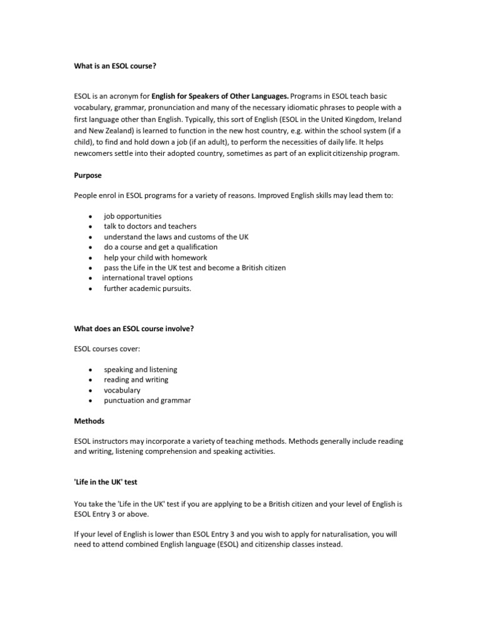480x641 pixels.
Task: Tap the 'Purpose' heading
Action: [x=88, y=176]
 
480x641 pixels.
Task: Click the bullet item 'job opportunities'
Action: [x=132, y=216]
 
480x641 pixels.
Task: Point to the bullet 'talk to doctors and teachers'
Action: [x=150, y=226]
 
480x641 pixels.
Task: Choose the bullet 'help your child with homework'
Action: [x=156, y=257]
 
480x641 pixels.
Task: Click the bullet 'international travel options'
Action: [x=147, y=277]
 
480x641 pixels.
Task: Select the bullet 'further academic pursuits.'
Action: [x=147, y=288]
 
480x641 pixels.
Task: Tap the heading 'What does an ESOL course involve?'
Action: [x=134, y=329]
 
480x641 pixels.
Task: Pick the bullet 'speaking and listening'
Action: [x=141, y=369]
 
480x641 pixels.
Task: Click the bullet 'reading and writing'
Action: [x=136, y=379]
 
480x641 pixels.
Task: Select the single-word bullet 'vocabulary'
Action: [x=122, y=390]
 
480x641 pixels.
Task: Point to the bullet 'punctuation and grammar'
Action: [x=147, y=400]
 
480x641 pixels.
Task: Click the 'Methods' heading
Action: [x=89, y=421]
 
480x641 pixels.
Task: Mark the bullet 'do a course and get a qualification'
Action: [x=161, y=247]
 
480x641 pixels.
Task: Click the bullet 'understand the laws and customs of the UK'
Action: [x=176, y=237]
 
